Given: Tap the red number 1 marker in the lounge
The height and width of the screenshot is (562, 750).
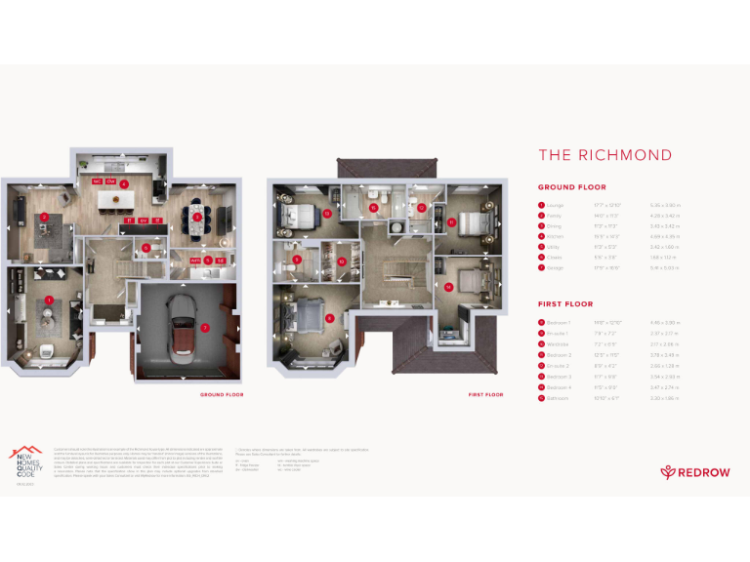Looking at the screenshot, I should (x=48, y=299).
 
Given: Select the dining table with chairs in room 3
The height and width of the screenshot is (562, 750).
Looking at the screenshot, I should (x=196, y=217).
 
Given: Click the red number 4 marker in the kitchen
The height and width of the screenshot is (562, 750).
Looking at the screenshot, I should (x=124, y=183).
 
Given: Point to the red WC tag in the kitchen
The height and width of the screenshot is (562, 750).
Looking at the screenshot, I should (x=97, y=181).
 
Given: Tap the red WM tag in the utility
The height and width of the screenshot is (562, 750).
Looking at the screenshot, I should (x=195, y=261).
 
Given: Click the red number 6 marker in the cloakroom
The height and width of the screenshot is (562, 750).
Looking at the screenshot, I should (x=146, y=248).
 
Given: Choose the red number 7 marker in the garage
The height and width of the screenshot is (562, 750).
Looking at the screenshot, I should (x=203, y=328).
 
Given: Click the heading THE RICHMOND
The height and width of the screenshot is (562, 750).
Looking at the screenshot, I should (x=604, y=155).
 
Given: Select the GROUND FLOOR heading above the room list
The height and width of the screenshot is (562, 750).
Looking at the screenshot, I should (x=571, y=187).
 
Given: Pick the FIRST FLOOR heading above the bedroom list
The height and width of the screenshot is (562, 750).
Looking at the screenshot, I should (x=564, y=303).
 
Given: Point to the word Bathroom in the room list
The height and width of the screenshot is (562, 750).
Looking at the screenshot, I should (x=560, y=398).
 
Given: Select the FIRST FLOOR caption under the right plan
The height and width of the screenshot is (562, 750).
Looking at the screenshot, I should (x=485, y=394).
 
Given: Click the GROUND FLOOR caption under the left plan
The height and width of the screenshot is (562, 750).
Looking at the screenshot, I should (x=222, y=394).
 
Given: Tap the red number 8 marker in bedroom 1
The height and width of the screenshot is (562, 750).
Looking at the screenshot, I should (x=330, y=317).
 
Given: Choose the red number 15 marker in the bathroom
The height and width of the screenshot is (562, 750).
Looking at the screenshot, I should (x=373, y=207).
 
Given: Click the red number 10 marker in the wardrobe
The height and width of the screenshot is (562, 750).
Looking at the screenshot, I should (x=341, y=261).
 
